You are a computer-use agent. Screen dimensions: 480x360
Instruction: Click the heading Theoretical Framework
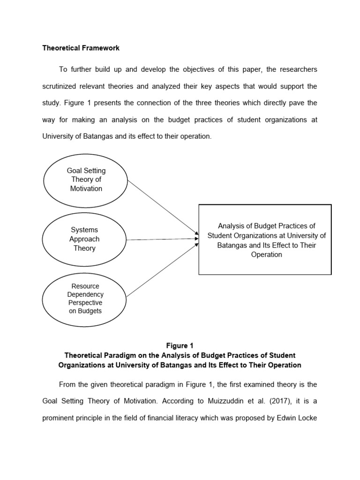81,48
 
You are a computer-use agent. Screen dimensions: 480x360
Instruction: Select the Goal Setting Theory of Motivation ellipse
85,180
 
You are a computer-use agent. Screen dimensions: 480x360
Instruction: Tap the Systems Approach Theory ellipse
84,239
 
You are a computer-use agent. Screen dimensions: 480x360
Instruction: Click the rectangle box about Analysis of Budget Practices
265,240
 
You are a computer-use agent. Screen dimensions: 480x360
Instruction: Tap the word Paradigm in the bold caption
127,355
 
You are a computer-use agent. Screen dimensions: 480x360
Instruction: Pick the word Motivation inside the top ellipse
86,188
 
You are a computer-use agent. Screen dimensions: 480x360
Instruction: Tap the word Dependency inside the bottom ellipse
85,294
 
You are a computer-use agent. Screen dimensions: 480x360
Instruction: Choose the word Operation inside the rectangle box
266,255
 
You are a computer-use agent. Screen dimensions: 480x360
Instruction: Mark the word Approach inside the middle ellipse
84,239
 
